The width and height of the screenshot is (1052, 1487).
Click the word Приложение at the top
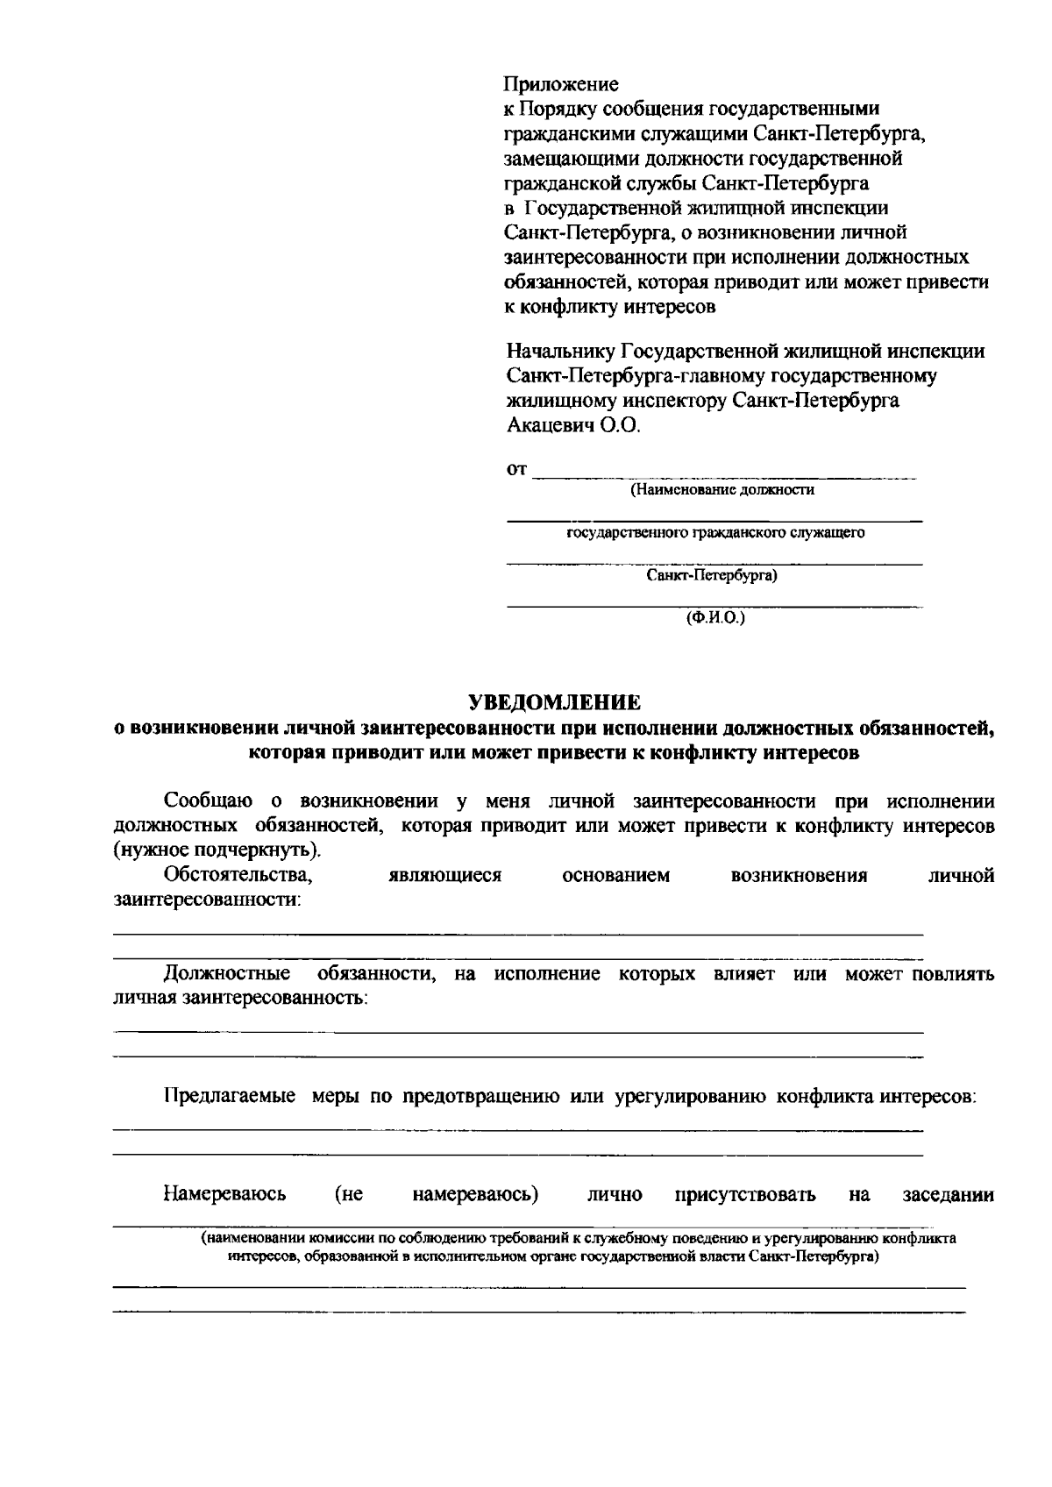[561, 84]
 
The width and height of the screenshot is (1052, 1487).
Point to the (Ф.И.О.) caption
[714, 617]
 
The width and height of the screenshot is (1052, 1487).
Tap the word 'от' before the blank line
[517, 470]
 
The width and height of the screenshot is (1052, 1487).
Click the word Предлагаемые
[229, 1096]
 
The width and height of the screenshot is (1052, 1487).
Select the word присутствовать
[745, 1194]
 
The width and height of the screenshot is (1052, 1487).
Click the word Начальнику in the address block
[561, 352]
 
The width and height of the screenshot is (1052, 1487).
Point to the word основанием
[615, 875]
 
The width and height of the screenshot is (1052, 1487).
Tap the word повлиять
[953, 973]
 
